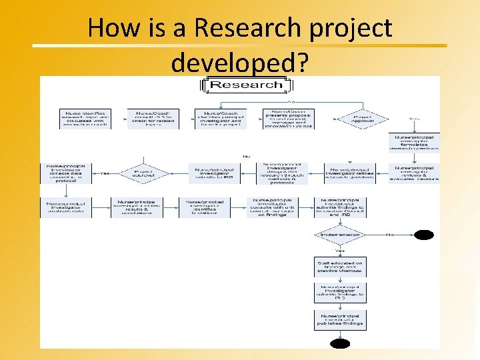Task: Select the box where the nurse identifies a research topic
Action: tap(85, 119)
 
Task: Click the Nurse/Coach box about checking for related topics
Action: tap(153, 119)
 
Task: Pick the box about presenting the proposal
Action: tap(288, 119)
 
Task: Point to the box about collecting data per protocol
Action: tap(65, 173)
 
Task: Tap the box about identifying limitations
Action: tap(204, 207)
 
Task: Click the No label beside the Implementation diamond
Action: tap(389, 235)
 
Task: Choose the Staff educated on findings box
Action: tap(339, 267)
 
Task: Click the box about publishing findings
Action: tap(339, 319)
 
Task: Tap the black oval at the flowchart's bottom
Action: tap(339, 344)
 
